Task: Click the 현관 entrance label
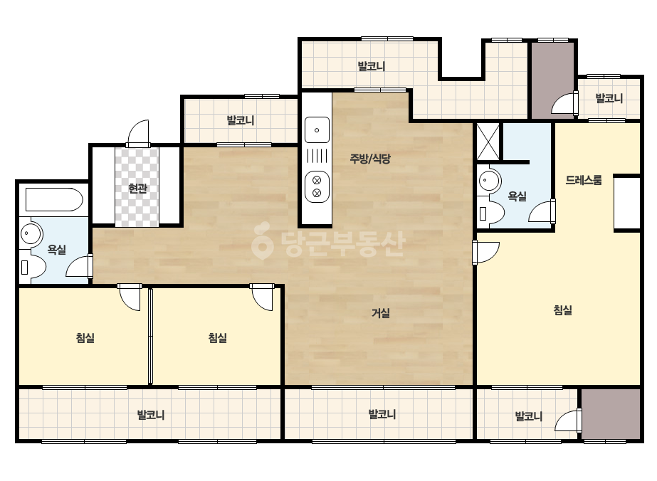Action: [x=137, y=189]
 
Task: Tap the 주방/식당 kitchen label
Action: [x=370, y=159]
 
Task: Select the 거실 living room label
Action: [x=381, y=312]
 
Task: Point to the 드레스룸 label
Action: [x=583, y=180]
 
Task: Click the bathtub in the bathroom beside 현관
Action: [x=54, y=199]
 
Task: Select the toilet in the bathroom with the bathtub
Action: [x=33, y=267]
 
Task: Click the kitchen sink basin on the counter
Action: [x=317, y=130]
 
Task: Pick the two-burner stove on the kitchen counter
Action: [x=317, y=186]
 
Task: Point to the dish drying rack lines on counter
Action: [x=317, y=157]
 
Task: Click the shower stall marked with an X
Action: [x=488, y=142]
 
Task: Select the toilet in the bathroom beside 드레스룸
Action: [x=490, y=213]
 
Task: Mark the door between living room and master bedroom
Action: [x=486, y=252]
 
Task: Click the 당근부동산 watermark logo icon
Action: [x=262, y=240]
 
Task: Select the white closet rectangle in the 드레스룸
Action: [x=627, y=203]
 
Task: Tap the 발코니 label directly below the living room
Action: [x=382, y=414]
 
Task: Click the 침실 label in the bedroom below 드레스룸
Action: [x=563, y=310]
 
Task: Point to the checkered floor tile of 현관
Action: [x=137, y=187]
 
